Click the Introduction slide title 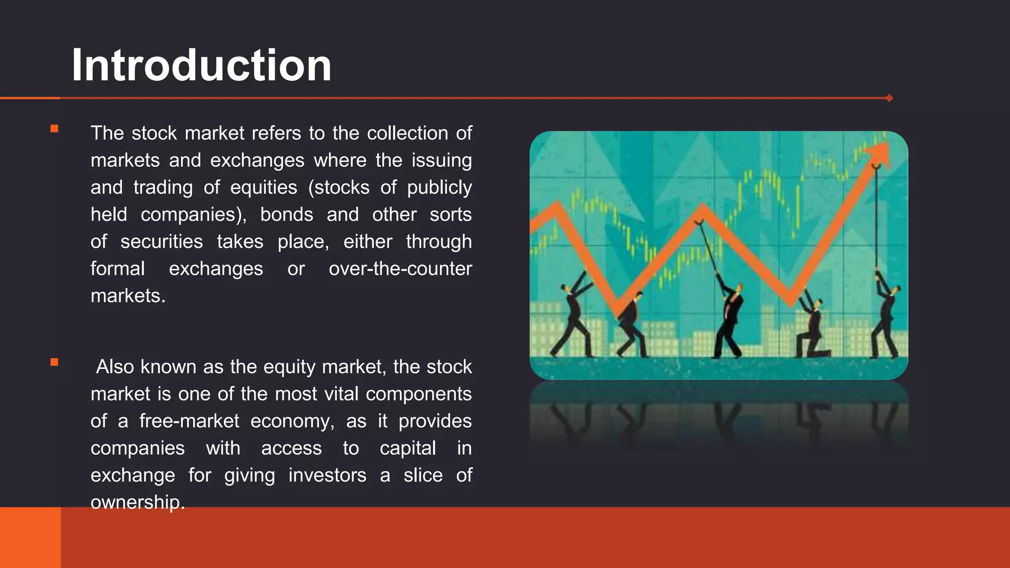[x=201, y=65]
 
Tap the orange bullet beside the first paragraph [x=54, y=129]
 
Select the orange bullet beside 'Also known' [x=54, y=362]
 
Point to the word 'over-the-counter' [x=400, y=269]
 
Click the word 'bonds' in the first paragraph [x=287, y=215]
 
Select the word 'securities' [x=161, y=242]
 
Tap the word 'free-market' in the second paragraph [x=189, y=421]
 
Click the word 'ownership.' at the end [x=138, y=502]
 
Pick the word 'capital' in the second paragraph [x=407, y=448]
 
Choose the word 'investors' [x=327, y=475]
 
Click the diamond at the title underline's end [x=889, y=98]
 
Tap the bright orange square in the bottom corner [x=30, y=537]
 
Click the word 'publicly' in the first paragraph [x=439, y=188]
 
